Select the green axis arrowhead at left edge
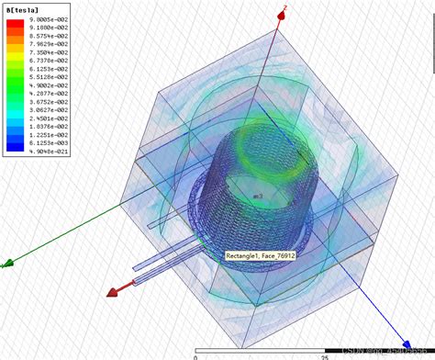(x=6, y=264)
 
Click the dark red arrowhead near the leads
(x=114, y=292)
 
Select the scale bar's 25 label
(x=323, y=354)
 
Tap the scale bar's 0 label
(x=195, y=354)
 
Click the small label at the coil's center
(x=258, y=197)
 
